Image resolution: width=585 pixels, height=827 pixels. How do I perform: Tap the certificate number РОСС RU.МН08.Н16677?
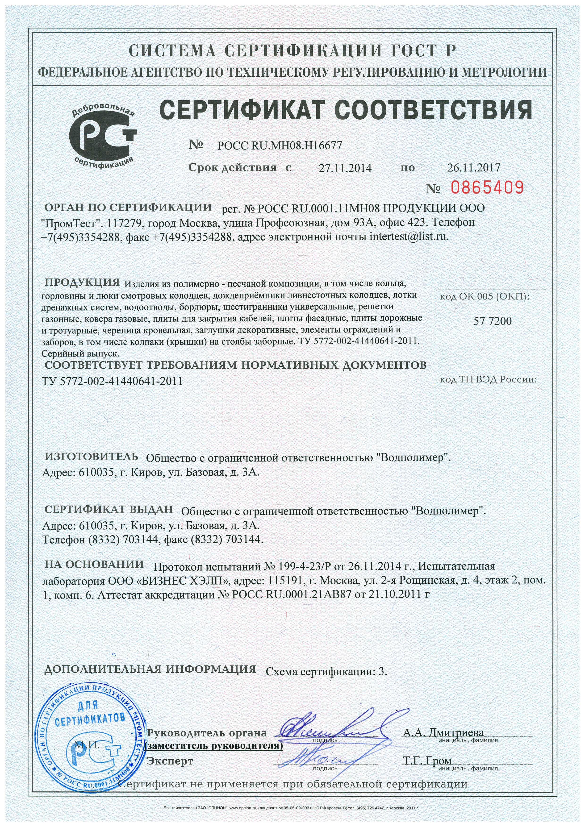click(280, 145)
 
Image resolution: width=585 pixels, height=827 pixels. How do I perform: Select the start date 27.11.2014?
click(345, 168)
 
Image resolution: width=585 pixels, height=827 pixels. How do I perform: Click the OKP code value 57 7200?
click(492, 321)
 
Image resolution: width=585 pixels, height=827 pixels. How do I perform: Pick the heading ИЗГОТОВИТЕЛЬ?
click(91, 456)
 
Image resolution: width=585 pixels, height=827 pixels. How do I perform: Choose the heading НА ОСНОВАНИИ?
click(94, 564)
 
